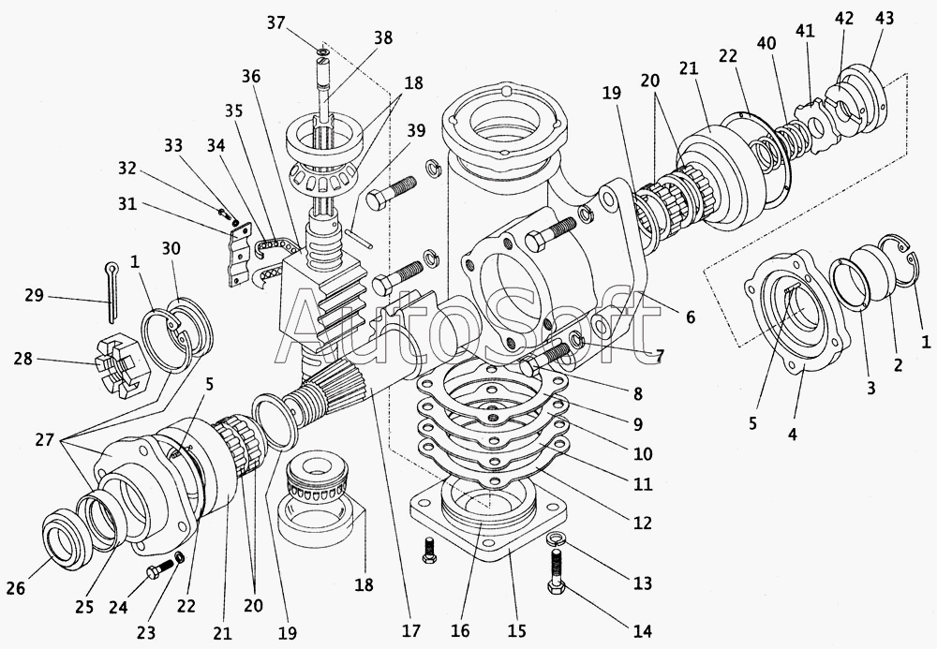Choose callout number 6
pos(690,317)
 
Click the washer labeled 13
pos(553,538)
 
